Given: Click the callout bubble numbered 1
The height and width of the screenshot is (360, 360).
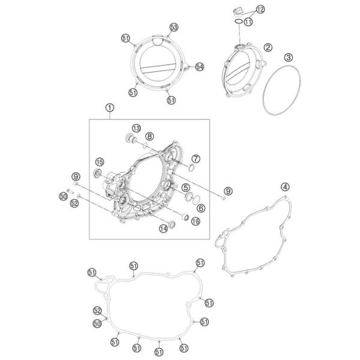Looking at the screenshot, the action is click(110, 107).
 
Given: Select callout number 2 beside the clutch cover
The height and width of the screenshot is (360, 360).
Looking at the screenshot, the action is click(268, 47).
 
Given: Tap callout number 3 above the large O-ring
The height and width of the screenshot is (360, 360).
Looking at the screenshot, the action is click(289, 57).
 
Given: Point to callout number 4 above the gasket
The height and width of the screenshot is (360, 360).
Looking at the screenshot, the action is click(285, 187).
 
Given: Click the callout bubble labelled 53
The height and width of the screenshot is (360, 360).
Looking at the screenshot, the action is click(174, 28).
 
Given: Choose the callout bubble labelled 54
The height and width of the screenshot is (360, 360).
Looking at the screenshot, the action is click(200, 67).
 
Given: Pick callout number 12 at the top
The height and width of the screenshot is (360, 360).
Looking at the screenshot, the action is click(260, 10).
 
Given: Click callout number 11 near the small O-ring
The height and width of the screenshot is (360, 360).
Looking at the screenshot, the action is click(248, 22).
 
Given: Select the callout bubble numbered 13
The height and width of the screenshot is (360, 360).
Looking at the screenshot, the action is click(136, 128).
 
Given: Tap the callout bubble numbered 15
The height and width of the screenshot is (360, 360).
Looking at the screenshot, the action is click(100, 162).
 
